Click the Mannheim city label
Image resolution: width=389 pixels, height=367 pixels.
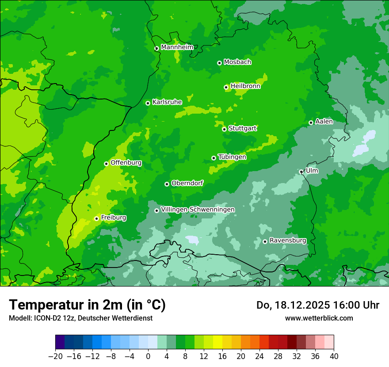[x=177, y=47]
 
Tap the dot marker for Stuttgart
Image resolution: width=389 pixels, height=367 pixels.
[x=224, y=129]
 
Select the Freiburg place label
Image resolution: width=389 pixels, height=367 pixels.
[x=113, y=218]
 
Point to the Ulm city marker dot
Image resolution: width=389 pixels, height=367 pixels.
[x=301, y=172]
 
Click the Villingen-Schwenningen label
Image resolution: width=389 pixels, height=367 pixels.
[x=198, y=209]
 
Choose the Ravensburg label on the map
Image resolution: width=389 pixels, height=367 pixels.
[x=287, y=241]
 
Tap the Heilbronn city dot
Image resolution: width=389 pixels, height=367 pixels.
[x=226, y=87]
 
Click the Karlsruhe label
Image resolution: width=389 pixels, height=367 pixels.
[x=167, y=102]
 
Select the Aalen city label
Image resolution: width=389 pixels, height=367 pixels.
[x=324, y=122]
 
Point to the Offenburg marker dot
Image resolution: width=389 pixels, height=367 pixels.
[x=106, y=164]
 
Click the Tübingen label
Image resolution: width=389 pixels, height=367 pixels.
[x=232, y=157]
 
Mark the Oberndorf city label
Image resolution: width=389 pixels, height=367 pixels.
[x=187, y=183]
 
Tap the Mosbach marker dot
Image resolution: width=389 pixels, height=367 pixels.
[x=219, y=63]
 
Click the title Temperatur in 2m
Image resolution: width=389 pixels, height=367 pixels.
[x=87, y=305]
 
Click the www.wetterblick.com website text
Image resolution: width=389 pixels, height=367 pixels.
[x=319, y=318]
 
